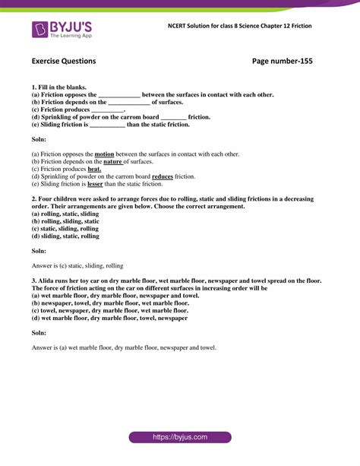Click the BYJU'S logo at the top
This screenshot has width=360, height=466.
[x=62, y=30]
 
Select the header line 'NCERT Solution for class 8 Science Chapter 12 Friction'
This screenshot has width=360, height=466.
[x=239, y=26]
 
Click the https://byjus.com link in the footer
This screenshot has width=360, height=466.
[x=180, y=438]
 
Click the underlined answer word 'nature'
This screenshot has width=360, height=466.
[x=113, y=161]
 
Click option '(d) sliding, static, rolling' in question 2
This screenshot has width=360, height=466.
[x=65, y=236]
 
